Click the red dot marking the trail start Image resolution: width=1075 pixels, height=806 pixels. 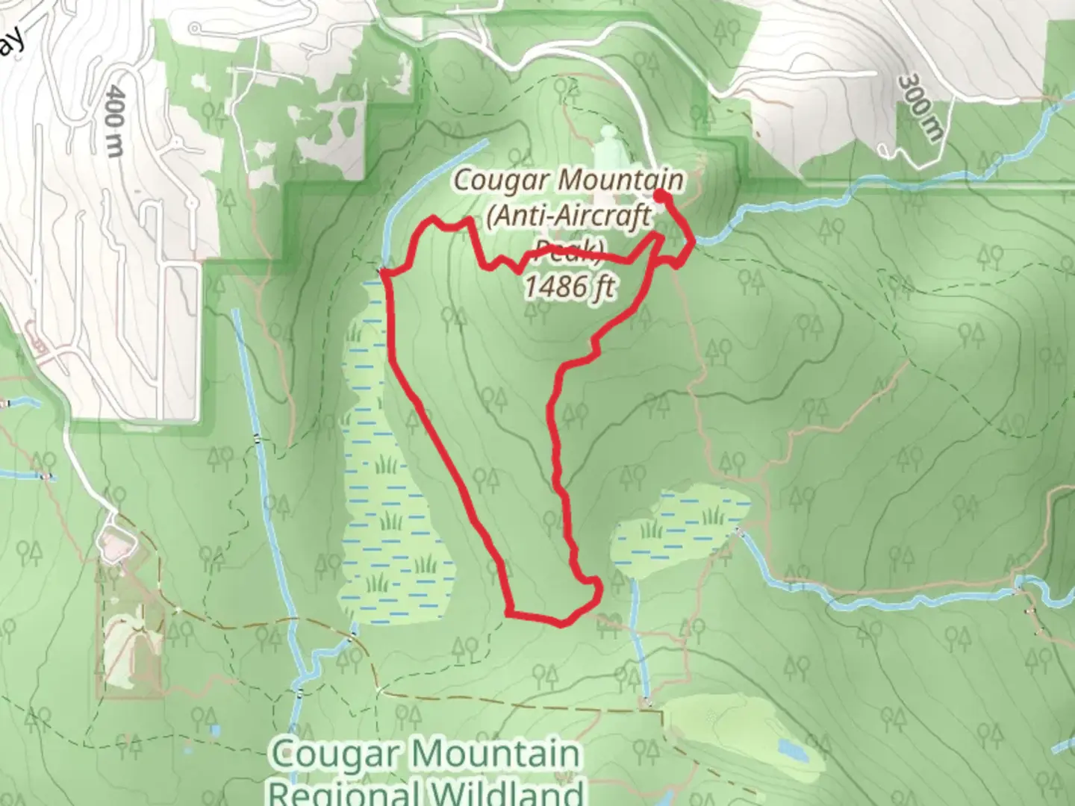pyautogui.click(x=661, y=196)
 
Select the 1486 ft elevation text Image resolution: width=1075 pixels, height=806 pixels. pyautogui.click(x=569, y=287)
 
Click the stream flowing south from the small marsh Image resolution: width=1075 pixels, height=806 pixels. pyautogui.click(x=639, y=634)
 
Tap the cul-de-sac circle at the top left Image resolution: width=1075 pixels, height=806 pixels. pyautogui.click(x=195, y=28)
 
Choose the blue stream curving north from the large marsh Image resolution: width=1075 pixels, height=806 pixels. pyautogui.click(x=418, y=187)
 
